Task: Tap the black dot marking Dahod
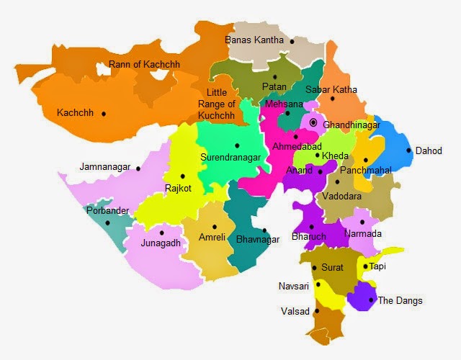pos(408,150)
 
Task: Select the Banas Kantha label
pos(255,40)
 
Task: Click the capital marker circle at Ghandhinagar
pos(313,123)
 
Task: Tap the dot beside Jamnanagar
pos(138,168)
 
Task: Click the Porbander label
pos(108,211)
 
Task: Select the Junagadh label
pos(161,243)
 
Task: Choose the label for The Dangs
pos(400,300)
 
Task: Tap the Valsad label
pos(295,312)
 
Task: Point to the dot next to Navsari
pos(318,285)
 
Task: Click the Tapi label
pos(377,266)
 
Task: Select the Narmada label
pos(364,234)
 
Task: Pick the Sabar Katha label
pos(331,90)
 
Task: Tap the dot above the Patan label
pos(274,76)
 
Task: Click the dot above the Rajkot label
pos(183,176)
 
